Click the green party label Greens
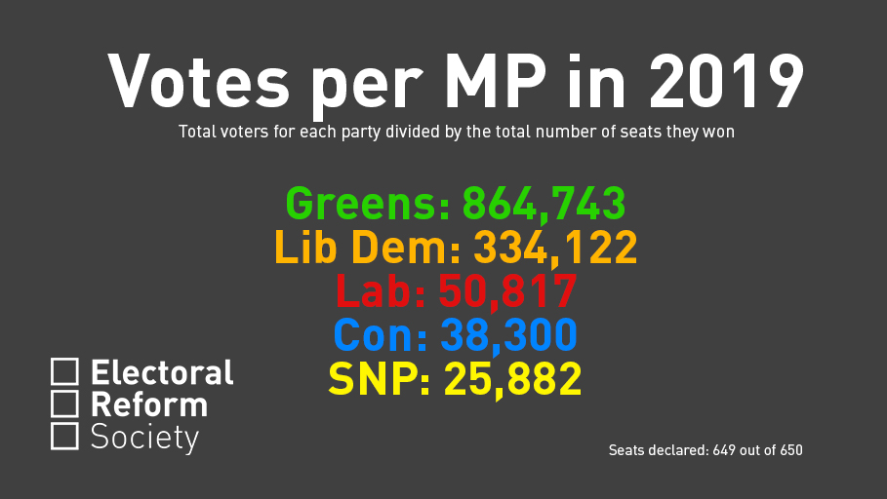coord(367,204)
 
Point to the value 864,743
coord(544,204)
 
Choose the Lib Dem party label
coord(367,248)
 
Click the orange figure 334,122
coord(555,248)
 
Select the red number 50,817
coord(508,291)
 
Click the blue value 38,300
coord(508,335)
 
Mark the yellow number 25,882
coord(512,379)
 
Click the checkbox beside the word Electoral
coord(64,371)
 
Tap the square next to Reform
coord(64,403)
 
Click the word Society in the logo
coord(144,438)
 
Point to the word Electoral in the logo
coord(162,372)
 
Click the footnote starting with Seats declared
coord(706,450)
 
